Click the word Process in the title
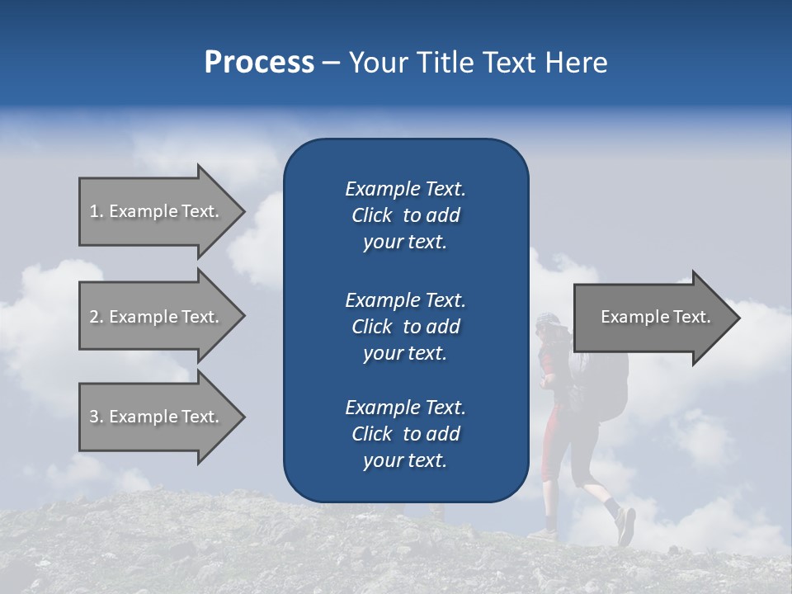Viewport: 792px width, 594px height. coord(259,63)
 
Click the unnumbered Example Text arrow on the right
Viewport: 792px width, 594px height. coord(652,318)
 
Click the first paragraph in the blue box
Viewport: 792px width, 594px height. coord(405,215)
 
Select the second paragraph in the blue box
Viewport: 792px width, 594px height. coord(405,326)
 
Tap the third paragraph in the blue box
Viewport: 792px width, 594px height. coord(405,434)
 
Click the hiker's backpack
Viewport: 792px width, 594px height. coord(606,379)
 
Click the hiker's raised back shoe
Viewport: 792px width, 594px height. coord(626,526)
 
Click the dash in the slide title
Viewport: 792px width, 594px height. coord(330,64)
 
